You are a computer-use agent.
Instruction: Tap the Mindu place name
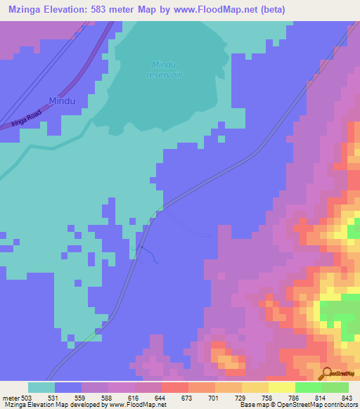coord(61,100)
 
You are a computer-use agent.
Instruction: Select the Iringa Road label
coord(26,117)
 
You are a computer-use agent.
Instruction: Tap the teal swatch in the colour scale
coord(41,387)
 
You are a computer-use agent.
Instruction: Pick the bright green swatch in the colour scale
coord(308,387)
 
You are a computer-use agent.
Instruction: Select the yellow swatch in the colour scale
coord(281,387)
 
